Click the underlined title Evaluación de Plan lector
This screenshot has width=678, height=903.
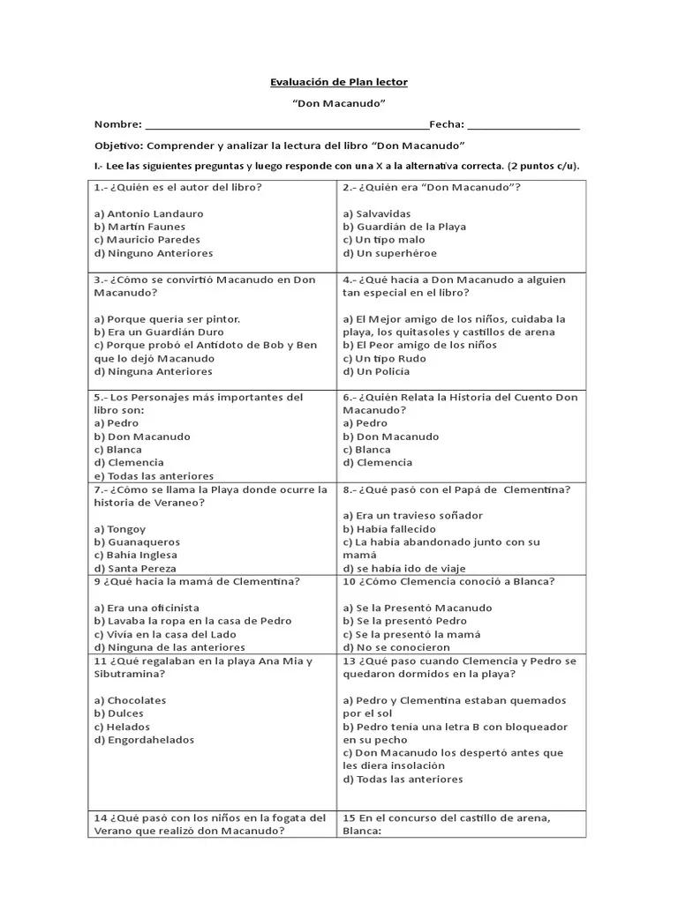[x=339, y=82]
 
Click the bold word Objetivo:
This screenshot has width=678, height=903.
[x=118, y=146]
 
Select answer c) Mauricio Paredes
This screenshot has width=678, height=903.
[x=147, y=240]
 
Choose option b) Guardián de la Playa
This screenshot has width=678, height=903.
[x=404, y=227]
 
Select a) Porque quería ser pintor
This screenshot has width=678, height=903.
[x=167, y=319]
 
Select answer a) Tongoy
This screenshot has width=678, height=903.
[x=120, y=529]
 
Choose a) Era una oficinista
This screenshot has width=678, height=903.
[x=147, y=608]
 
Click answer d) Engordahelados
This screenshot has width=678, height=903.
[x=144, y=741]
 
